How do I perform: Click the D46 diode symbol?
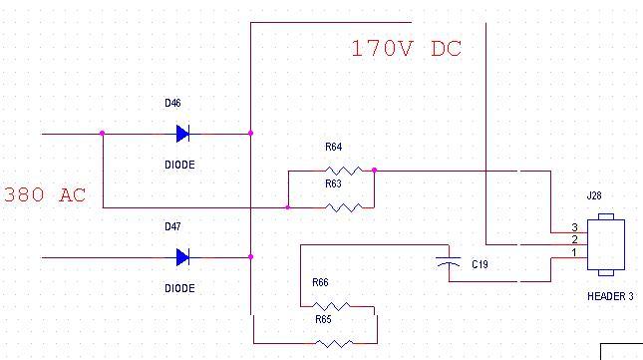tap(182, 134)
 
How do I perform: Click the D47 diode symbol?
tap(182, 257)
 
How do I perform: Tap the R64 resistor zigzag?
tap(344, 171)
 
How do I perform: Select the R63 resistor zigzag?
tap(344, 207)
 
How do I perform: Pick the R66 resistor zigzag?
tap(331, 306)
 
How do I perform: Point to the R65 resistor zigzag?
tap(334, 343)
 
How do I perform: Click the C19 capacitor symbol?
tap(449, 262)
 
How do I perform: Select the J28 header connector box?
tap(606, 244)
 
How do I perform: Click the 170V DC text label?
tap(407, 49)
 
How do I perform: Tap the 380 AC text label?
tap(45, 194)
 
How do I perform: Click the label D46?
tap(172, 103)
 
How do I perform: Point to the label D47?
tap(172, 226)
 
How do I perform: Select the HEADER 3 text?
tap(610, 296)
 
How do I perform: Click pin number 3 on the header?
tap(574, 227)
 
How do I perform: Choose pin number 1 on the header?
tap(574, 252)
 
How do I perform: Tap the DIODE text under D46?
tap(179, 165)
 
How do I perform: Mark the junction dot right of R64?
tap(374, 171)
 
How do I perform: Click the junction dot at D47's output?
tap(250, 257)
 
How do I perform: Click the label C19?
tap(480, 264)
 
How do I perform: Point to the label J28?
tap(594, 195)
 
